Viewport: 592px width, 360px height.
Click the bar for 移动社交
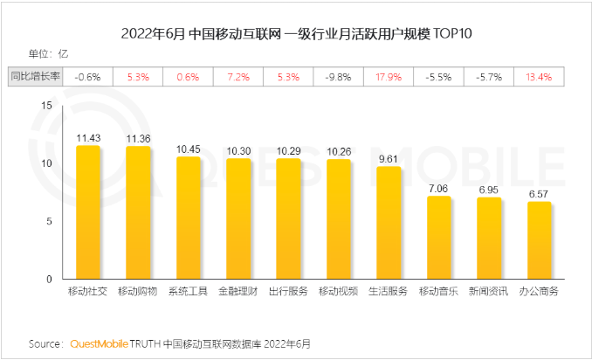[x=87, y=212]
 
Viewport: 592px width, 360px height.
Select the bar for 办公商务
[x=540, y=240]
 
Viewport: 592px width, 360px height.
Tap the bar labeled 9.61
[x=389, y=223]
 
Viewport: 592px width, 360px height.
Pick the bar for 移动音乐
[x=439, y=238]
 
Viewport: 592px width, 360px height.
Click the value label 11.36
[x=138, y=138]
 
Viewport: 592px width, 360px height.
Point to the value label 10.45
[x=188, y=149]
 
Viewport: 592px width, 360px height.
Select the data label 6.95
[x=489, y=190]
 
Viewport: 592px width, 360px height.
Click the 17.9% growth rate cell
[x=389, y=77]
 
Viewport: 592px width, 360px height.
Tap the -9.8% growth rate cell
[x=338, y=77]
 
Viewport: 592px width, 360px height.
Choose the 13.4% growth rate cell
[x=539, y=77]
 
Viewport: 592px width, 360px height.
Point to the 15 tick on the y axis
[x=48, y=106]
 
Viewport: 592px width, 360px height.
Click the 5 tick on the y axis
[x=51, y=221]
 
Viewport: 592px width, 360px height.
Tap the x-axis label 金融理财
[x=237, y=291]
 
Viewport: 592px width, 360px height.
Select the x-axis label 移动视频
[x=338, y=291]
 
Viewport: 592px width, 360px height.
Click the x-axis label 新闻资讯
[x=489, y=291]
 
